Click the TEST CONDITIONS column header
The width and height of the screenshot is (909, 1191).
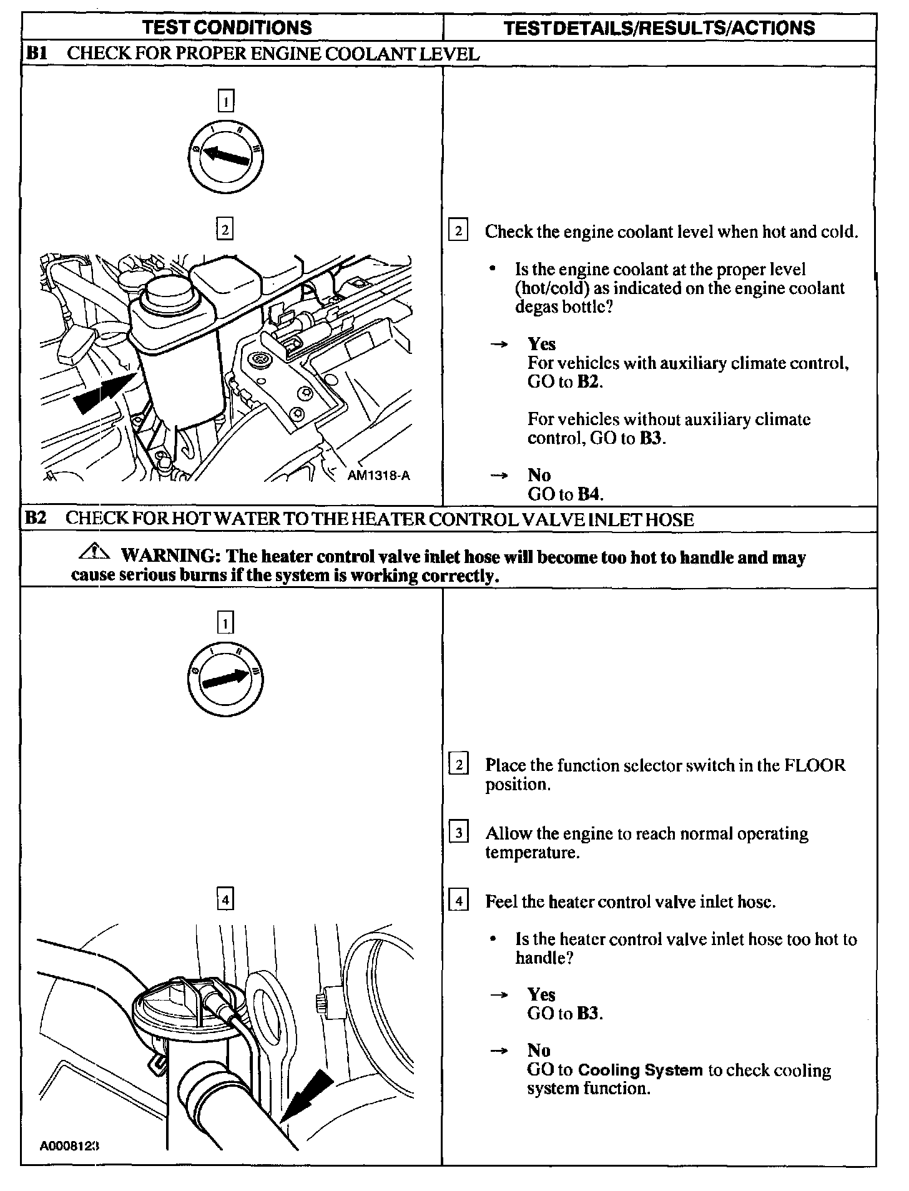point(227,27)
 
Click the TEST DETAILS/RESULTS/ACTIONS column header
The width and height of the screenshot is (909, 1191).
point(659,27)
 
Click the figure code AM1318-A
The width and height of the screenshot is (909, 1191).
point(379,475)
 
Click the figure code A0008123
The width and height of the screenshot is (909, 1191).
point(70,1145)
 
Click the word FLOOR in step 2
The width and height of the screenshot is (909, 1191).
point(815,765)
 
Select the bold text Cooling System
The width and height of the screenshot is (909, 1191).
point(641,1070)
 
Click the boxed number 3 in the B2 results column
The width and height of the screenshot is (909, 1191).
point(459,833)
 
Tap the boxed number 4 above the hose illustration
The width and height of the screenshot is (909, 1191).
point(225,899)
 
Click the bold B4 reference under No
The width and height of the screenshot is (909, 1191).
point(590,494)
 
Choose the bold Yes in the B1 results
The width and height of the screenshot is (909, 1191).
point(541,344)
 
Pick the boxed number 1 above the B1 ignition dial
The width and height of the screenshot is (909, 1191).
point(225,100)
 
